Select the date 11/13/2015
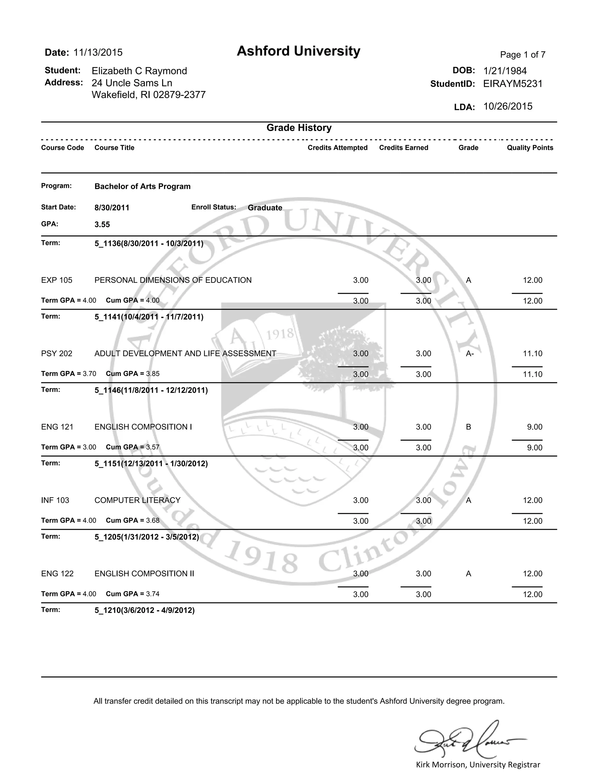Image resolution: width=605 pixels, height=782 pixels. (x=98, y=53)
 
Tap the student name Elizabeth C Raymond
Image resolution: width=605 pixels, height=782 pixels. (x=139, y=71)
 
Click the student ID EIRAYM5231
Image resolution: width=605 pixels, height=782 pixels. (x=513, y=84)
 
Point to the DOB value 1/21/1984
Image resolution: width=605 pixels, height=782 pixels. (x=505, y=71)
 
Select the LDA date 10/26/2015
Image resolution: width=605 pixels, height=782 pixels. (x=508, y=106)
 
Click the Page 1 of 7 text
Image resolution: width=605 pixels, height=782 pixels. (x=523, y=55)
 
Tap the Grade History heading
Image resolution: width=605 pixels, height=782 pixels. (x=299, y=128)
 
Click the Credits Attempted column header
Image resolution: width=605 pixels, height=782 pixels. (x=337, y=148)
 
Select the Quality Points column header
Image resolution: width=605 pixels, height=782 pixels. (x=530, y=148)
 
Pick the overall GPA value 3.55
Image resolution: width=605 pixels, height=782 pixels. (x=102, y=225)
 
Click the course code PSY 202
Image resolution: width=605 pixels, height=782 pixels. (x=57, y=354)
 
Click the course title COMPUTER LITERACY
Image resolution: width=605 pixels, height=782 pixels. (x=137, y=500)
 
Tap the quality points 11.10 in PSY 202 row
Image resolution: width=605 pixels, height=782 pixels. (x=532, y=354)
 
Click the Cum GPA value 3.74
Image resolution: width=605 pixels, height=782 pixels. (x=153, y=594)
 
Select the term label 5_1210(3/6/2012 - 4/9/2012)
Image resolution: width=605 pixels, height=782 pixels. (x=144, y=610)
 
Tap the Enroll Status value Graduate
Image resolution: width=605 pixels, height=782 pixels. (x=265, y=208)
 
